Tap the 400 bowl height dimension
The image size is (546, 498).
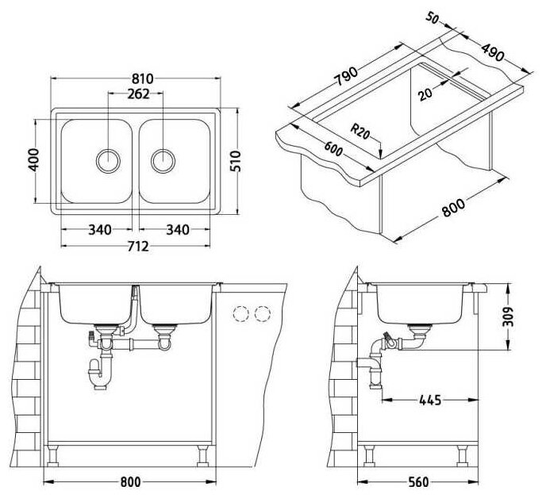(32, 160)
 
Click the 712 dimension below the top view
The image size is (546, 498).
(136, 246)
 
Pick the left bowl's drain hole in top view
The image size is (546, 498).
(107, 159)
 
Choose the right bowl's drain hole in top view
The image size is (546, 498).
(163, 159)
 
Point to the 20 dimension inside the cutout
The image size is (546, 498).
(426, 93)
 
